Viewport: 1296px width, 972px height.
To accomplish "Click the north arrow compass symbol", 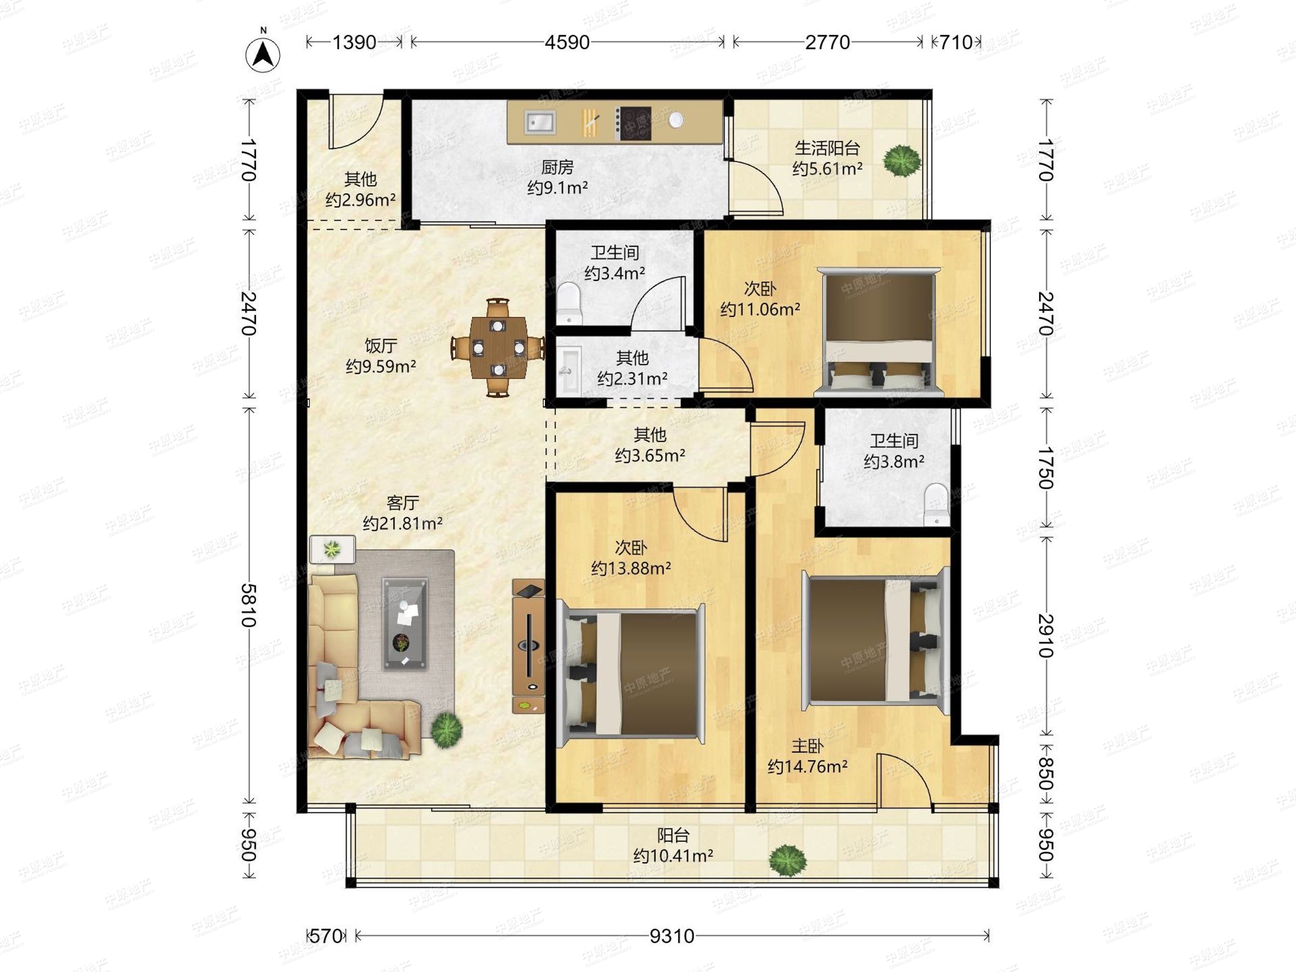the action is pos(262,55).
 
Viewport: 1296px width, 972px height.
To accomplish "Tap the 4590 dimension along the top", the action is pos(566,42).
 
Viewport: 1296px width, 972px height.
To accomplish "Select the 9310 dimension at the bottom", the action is pos(671,936).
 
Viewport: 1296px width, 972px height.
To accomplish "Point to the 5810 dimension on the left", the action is pos(249,605).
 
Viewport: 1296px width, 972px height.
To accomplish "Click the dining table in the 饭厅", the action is pos(497,347).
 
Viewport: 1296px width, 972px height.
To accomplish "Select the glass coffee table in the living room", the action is pos(405,623).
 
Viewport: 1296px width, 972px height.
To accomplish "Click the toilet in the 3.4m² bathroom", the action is pos(568,303).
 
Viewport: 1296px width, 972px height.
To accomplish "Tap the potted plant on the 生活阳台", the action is pos(901,160).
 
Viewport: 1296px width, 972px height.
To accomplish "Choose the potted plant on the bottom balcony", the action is pos(787,860).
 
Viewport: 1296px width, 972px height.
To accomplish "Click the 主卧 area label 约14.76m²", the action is pos(807,766).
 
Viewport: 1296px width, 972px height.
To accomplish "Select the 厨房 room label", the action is pos(557,167).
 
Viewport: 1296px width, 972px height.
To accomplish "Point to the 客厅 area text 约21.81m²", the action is pos(402,523).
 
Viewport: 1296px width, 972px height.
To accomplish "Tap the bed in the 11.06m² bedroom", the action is pos(876,332).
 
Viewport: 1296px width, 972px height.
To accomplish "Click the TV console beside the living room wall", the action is pos(529,646).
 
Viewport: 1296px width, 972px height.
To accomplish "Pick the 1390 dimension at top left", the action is pos(354,42).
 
